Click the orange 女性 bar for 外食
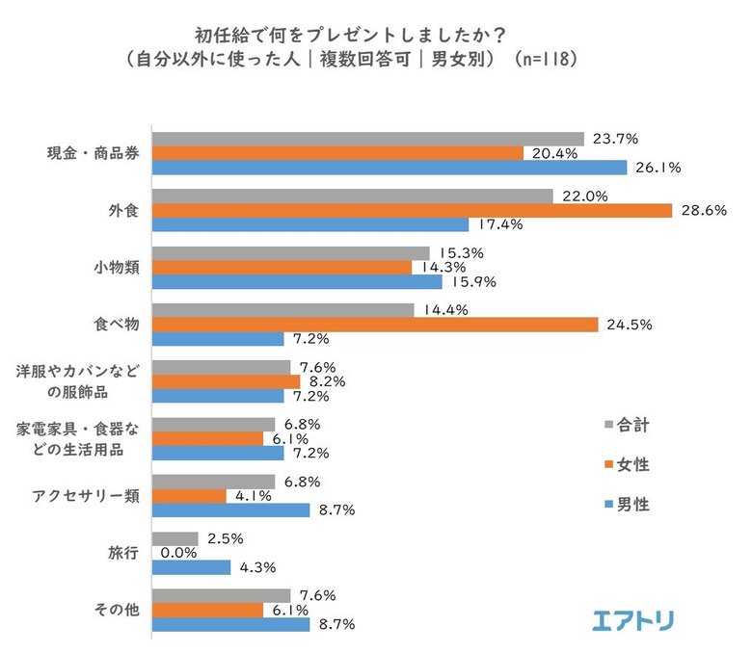tap(413, 210)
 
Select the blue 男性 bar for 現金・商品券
tap(389, 167)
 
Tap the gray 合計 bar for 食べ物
tap(283, 310)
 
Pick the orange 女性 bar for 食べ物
tap(376, 325)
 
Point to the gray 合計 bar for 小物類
tap(291, 253)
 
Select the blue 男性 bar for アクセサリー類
tap(231, 509)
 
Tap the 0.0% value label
tap(179, 553)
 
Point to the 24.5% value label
tap(630, 325)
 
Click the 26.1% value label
tap(658, 167)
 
